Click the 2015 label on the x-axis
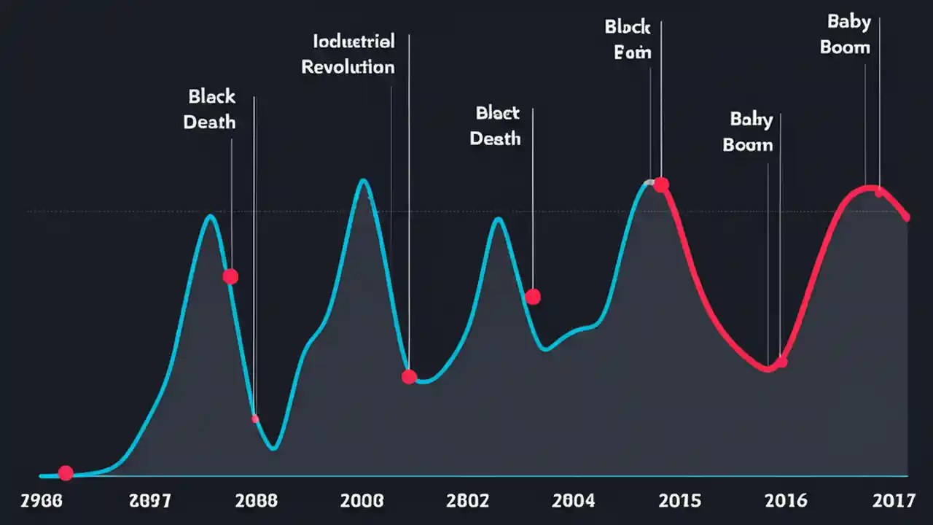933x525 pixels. (x=679, y=500)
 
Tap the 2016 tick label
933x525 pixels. (x=786, y=500)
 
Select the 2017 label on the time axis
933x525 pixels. (x=893, y=500)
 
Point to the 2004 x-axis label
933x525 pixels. (x=574, y=500)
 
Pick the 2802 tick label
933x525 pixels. (x=468, y=500)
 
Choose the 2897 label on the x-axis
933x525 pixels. (x=149, y=500)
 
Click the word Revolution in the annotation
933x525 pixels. (x=348, y=67)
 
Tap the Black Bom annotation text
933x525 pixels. (x=628, y=40)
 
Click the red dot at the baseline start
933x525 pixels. (x=66, y=473)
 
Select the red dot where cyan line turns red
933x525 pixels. (x=661, y=184)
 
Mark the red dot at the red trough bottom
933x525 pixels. (x=781, y=362)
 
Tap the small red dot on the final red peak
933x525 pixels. (x=879, y=192)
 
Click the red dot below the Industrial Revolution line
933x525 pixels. (x=409, y=376)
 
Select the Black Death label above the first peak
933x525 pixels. (x=210, y=109)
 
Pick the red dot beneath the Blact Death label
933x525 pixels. (x=533, y=297)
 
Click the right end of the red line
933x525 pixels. (x=907, y=217)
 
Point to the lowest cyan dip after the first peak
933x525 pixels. (x=273, y=448)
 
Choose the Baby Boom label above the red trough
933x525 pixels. (x=747, y=131)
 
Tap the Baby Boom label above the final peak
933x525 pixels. (x=846, y=34)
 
